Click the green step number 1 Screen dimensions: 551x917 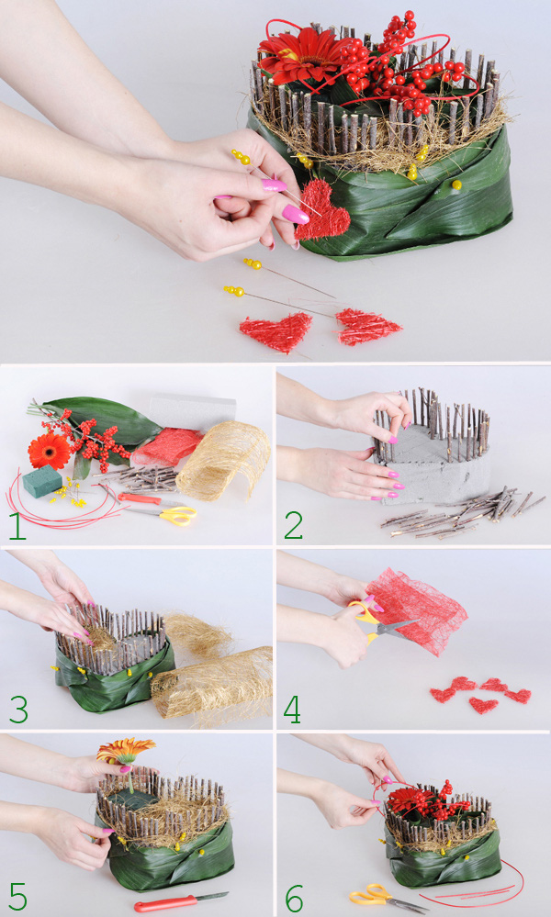(x=17, y=526)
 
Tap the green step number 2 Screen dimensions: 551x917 (x=293, y=526)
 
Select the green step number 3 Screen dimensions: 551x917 (x=18, y=710)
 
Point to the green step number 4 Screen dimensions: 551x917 (x=292, y=710)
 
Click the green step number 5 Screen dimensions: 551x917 (x=18, y=897)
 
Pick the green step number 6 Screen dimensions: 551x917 (x=294, y=897)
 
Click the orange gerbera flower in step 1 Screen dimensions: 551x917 (x=50, y=451)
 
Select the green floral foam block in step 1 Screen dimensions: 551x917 (x=42, y=481)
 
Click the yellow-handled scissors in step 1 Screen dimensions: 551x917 (x=163, y=515)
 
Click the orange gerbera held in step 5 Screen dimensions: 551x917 (x=125, y=750)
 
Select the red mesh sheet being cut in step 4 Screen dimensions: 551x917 (x=417, y=609)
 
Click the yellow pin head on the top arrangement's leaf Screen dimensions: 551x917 (x=456, y=185)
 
